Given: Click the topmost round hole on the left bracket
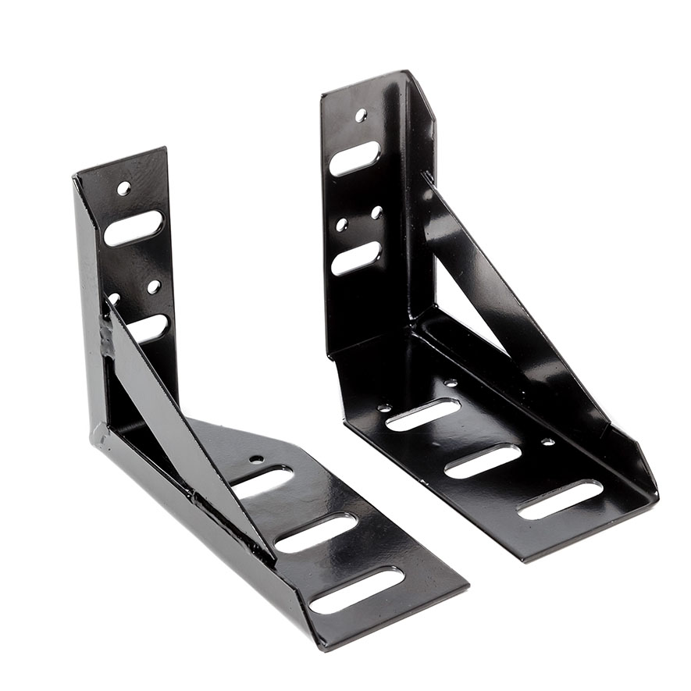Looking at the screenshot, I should click(123, 188).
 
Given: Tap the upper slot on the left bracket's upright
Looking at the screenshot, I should click(134, 228).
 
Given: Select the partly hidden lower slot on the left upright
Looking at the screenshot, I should click(148, 328).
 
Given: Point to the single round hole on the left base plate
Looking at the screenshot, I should click(258, 460).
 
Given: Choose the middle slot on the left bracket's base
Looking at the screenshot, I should click(315, 533).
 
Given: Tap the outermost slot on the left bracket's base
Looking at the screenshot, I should click(357, 589).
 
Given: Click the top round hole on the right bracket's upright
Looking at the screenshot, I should click(361, 116).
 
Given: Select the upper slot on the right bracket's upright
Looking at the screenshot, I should click(354, 159).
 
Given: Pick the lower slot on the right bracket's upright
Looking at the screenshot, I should click(356, 258).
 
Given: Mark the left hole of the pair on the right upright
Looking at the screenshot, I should click(341, 225).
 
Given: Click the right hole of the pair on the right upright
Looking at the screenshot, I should click(376, 212).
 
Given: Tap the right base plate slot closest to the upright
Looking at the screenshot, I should click(422, 415).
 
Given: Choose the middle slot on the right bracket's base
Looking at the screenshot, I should click(483, 461).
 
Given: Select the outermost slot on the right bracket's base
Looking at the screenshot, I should click(559, 500).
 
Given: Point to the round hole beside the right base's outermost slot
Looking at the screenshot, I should click(547, 442).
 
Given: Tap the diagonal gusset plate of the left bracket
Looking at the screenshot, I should click(164, 422).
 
